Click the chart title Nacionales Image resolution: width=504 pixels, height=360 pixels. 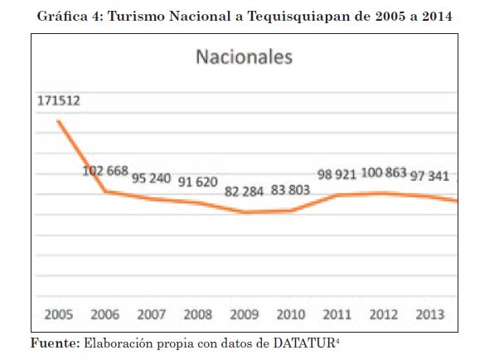click(x=244, y=58)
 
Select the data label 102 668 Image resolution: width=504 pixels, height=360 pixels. click(x=105, y=172)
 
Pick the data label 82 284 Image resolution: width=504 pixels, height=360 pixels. click(x=245, y=192)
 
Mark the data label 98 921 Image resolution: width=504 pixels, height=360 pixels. click(x=337, y=175)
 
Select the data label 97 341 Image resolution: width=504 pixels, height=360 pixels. click(x=429, y=176)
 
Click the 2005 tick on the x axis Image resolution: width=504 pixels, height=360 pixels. click(x=60, y=315)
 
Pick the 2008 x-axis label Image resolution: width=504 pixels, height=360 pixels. click(x=197, y=315)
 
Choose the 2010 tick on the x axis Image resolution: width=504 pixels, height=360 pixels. click(x=290, y=315)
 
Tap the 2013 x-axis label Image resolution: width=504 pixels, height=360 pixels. click(x=429, y=315)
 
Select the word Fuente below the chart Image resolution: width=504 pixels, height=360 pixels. click(x=54, y=342)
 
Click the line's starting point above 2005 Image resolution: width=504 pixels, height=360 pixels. click(x=58, y=121)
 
